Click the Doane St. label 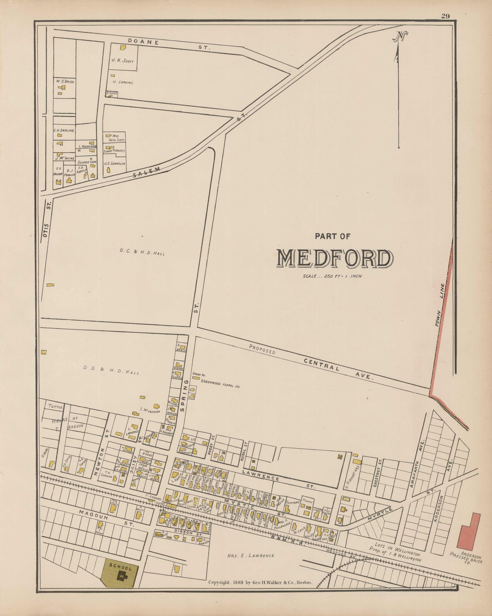(169, 44)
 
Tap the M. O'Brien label (65, 82)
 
